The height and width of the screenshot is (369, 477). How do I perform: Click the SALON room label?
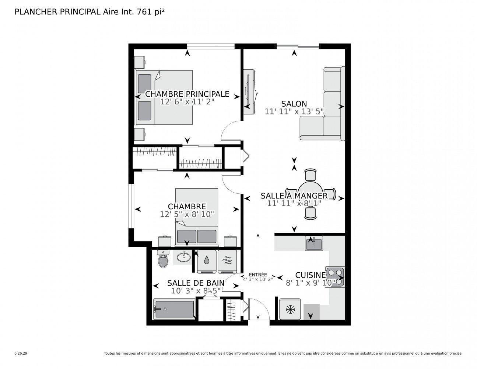tap(294, 104)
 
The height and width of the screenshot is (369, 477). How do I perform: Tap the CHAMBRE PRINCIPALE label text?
tap(187, 94)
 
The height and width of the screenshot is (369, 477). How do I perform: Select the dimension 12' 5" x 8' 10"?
tap(187, 214)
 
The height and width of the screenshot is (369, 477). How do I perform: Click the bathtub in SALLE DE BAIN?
tap(174, 309)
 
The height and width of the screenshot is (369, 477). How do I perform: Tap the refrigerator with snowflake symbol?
tap(290, 309)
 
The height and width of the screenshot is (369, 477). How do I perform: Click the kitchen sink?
tap(313, 244)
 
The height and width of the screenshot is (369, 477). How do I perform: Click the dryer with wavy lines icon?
tap(227, 261)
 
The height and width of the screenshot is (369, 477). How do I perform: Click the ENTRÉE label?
tap(257, 275)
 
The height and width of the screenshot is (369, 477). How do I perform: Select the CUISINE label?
tap(311, 275)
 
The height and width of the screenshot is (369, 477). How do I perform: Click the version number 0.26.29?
tap(21, 353)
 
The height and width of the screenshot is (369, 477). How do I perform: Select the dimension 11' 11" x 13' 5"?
tap(294, 111)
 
